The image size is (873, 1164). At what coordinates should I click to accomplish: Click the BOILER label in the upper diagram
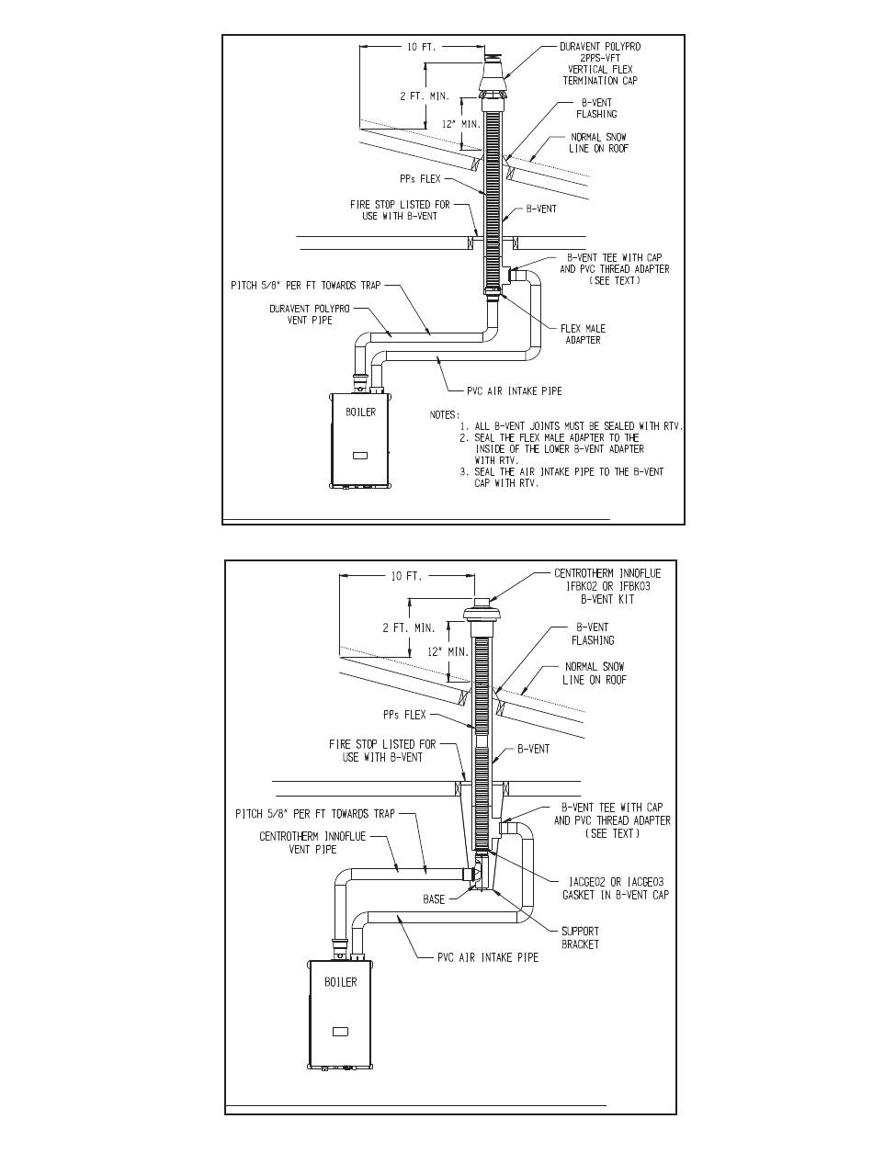click(360, 412)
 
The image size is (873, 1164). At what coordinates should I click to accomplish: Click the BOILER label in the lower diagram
click(341, 982)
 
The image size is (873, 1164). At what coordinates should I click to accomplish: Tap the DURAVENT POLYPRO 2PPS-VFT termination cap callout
click(600, 63)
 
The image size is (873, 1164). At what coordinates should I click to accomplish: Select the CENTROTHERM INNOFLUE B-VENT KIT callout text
click(607, 586)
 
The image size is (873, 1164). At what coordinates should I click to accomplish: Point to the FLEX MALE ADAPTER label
click(583, 334)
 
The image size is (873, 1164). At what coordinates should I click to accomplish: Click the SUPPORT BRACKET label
click(580, 938)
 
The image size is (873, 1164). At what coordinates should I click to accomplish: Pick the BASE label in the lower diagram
click(434, 899)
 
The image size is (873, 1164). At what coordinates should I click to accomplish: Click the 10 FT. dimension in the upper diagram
click(422, 47)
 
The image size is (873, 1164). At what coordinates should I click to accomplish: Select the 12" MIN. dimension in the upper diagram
click(461, 124)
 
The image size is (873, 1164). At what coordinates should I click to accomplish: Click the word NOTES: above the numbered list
click(445, 414)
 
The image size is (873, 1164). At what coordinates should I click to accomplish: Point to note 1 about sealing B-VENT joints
click(572, 426)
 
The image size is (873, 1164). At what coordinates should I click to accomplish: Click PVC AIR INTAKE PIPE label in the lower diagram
click(488, 957)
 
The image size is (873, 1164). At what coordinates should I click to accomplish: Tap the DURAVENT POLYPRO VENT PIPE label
click(310, 314)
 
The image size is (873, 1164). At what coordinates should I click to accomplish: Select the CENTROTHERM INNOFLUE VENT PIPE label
click(313, 842)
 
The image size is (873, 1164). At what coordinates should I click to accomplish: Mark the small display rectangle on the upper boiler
click(360, 455)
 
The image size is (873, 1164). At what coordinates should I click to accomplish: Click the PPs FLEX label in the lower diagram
click(404, 715)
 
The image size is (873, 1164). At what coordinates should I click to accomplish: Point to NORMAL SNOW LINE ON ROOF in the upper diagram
click(598, 142)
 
